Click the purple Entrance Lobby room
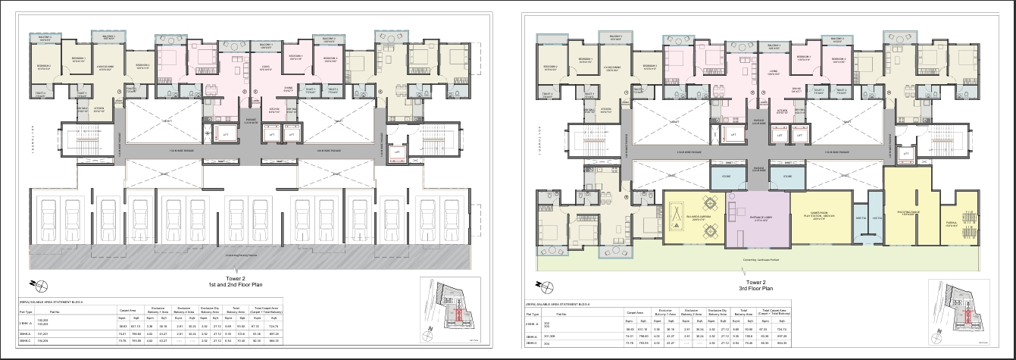[x=758, y=220]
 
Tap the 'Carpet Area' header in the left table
[x=126, y=311]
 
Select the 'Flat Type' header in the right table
[x=533, y=312]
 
